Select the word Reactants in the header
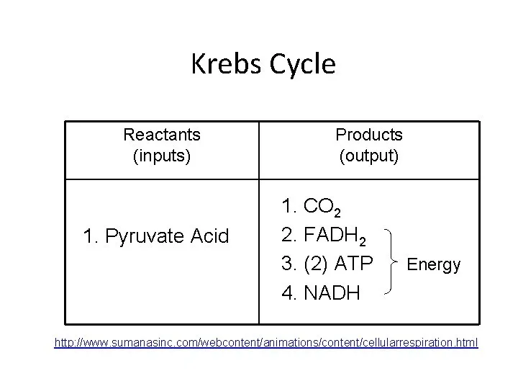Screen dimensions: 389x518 (x=162, y=135)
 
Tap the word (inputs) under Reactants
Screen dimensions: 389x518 (x=162, y=155)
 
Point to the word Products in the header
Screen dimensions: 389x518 (x=369, y=135)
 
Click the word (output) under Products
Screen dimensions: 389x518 (x=369, y=155)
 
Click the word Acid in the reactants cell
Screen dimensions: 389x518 (x=211, y=236)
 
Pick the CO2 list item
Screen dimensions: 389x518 (x=323, y=208)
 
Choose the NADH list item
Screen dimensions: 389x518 (x=332, y=292)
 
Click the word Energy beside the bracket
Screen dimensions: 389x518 (x=434, y=264)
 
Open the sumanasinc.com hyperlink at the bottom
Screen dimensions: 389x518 (x=266, y=342)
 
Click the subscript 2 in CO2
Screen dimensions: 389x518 (x=337, y=213)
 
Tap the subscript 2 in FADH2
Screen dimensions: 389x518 (x=368, y=241)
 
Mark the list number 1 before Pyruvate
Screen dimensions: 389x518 (x=88, y=236)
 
